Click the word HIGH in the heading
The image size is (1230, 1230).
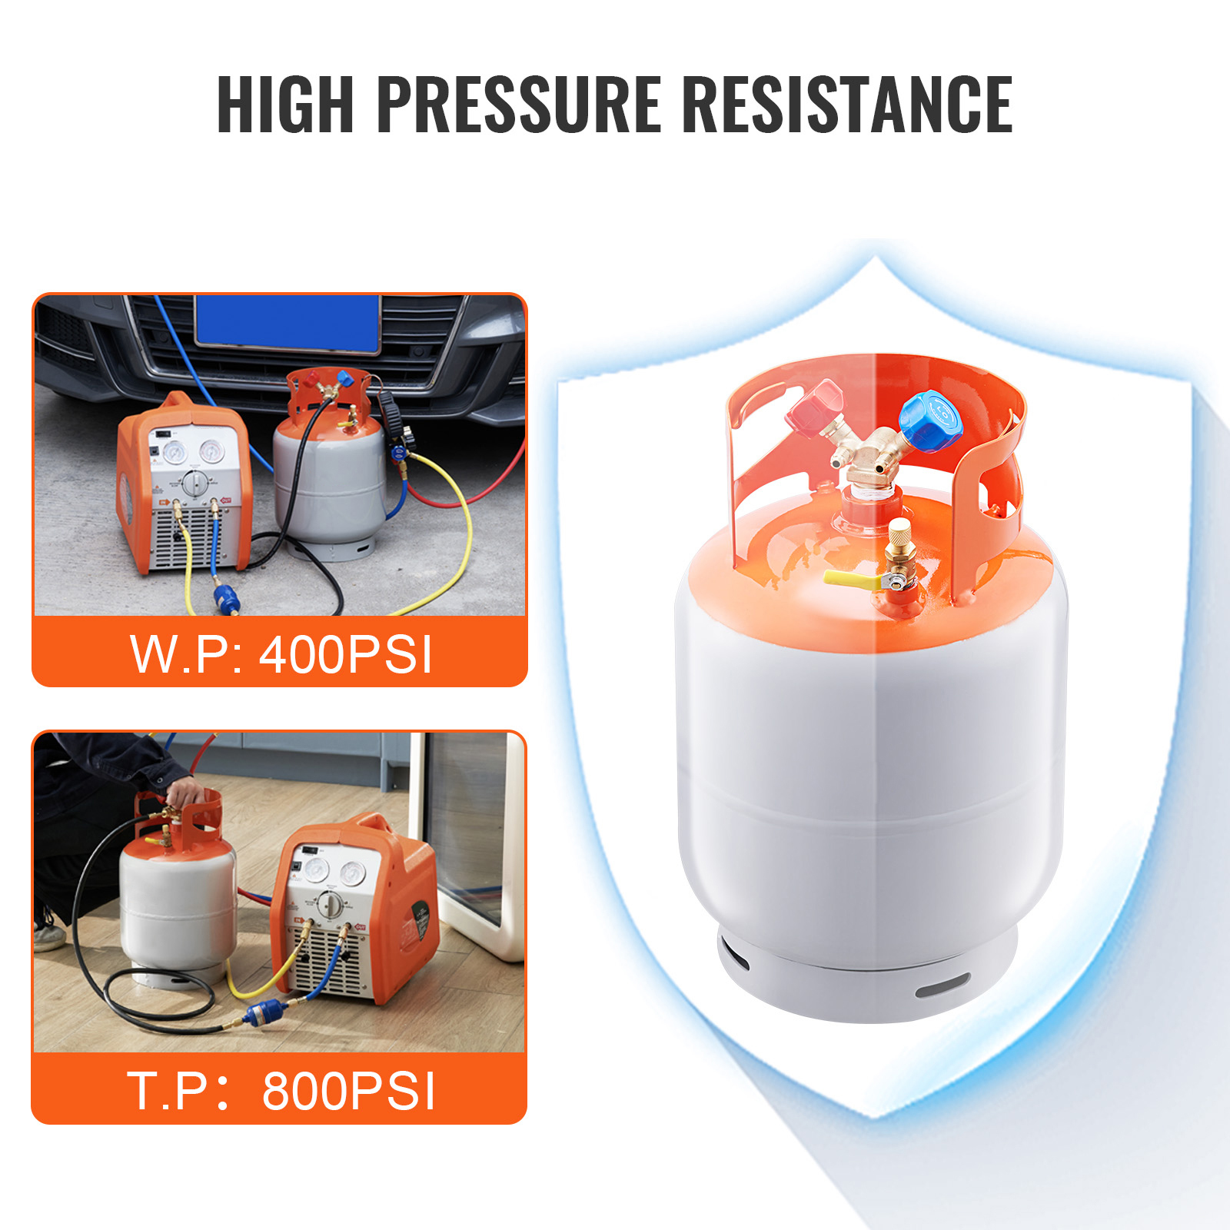(285, 105)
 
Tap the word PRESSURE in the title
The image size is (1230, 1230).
(519, 105)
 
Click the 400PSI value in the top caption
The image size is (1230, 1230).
(346, 655)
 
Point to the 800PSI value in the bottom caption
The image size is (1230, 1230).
(349, 1091)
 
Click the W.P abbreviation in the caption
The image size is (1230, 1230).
(181, 655)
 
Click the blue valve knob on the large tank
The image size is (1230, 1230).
(930, 421)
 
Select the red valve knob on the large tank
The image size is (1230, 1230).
(815, 410)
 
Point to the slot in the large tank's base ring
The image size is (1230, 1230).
(942, 986)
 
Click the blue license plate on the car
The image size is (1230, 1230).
(288, 323)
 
